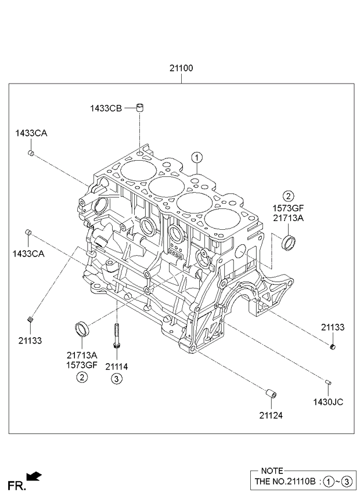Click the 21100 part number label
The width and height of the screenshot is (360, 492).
pos(181,68)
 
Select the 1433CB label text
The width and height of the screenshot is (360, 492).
pos(105,108)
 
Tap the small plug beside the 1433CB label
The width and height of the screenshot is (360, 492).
pos(139,107)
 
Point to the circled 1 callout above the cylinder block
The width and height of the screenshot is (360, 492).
pos(197,157)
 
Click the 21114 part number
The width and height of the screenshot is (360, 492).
pos(117,367)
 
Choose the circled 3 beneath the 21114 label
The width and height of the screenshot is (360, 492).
pos(117,379)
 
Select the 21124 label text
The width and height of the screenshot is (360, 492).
pos(271,415)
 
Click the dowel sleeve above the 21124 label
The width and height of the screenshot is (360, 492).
pos(271,395)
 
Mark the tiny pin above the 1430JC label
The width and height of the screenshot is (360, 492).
pos(328,381)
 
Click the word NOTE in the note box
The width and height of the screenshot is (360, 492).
pos(272,471)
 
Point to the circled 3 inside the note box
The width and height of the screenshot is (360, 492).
pos(347,482)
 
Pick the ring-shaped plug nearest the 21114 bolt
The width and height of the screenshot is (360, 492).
pos(82,327)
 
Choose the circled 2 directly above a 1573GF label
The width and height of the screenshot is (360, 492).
pos(289,196)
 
